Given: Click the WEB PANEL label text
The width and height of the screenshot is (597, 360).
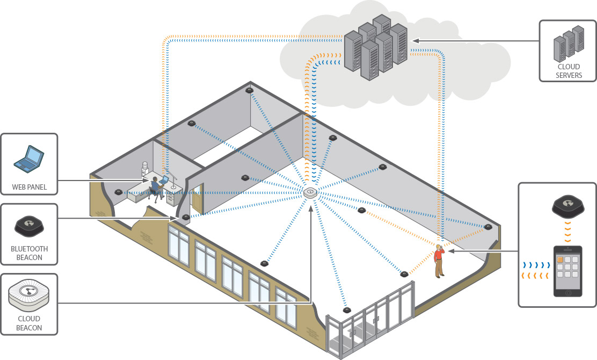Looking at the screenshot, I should click(29, 188).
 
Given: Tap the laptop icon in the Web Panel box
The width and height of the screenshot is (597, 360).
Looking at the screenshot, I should click(29, 157).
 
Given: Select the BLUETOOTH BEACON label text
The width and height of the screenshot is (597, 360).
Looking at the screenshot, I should click(29, 253).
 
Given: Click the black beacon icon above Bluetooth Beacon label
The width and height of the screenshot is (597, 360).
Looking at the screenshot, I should click(29, 224).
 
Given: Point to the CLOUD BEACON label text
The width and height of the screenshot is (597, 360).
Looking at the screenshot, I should click(29, 324).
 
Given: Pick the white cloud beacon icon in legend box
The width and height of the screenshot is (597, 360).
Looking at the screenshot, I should click(29, 294).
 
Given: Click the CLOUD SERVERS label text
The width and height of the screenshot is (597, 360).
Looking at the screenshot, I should click(568, 71).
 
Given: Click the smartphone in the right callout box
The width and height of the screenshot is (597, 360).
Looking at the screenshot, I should click(567, 271).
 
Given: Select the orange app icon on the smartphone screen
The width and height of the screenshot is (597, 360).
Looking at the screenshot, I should click(560, 259).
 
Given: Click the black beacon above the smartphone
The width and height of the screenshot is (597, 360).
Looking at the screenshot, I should click(567, 206).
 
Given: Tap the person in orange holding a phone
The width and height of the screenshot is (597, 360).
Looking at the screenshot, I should click(439, 261).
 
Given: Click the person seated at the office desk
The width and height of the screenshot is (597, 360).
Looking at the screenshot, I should click(155, 186).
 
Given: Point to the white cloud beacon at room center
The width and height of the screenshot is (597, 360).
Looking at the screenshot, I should click(310, 193).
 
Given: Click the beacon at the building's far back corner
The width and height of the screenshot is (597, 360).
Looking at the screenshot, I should click(249, 90).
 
